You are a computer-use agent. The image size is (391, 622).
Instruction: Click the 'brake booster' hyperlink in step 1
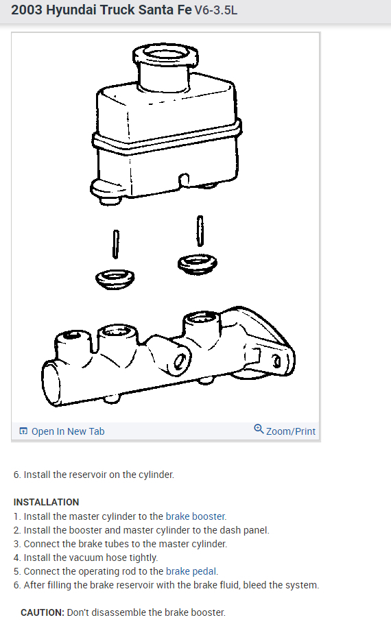coord(195,516)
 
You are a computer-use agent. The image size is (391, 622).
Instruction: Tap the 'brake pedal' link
coord(191,571)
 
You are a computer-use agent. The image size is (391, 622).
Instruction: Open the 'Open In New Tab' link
coord(68,431)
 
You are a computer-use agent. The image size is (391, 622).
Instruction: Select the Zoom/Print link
coord(291,431)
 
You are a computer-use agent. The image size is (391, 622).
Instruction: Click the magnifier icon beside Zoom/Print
coord(259,429)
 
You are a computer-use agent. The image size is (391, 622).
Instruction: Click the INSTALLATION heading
coord(46,502)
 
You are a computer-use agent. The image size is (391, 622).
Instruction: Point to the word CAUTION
coord(42,612)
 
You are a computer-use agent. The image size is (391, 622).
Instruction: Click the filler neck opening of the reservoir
coord(165,53)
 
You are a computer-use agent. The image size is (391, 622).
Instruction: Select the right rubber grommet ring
coord(198,264)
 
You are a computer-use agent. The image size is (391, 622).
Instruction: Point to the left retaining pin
coord(115,244)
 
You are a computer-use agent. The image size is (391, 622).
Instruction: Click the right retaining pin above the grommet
coord(200,230)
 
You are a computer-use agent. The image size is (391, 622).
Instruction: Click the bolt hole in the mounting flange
coord(276,361)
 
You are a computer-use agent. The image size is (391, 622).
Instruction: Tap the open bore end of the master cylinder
coord(51,384)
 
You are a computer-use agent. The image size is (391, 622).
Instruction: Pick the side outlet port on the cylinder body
coord(180,361)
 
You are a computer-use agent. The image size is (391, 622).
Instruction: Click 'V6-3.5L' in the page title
coord(216,10)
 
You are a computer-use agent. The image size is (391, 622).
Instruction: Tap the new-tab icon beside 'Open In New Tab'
coord(23,431)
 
